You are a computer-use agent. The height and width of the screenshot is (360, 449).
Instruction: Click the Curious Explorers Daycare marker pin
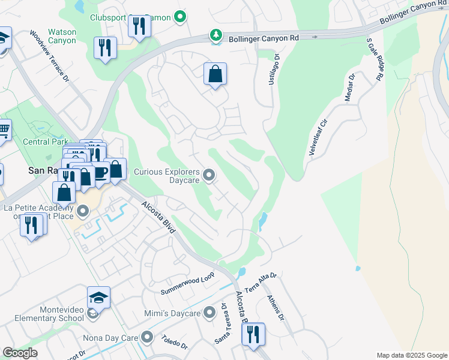209,175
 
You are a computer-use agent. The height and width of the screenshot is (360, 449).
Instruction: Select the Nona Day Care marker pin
145,338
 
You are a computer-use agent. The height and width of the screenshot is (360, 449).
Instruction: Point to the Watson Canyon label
62,36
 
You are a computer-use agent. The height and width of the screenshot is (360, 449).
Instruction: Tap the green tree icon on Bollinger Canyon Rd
215,37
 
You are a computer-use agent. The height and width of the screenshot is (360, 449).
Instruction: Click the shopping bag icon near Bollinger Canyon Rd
215,75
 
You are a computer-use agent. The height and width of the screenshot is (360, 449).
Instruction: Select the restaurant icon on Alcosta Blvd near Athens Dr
253,334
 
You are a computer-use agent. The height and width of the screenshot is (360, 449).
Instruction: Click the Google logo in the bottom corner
20,353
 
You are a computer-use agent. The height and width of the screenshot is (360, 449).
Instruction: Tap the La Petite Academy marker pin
83,211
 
